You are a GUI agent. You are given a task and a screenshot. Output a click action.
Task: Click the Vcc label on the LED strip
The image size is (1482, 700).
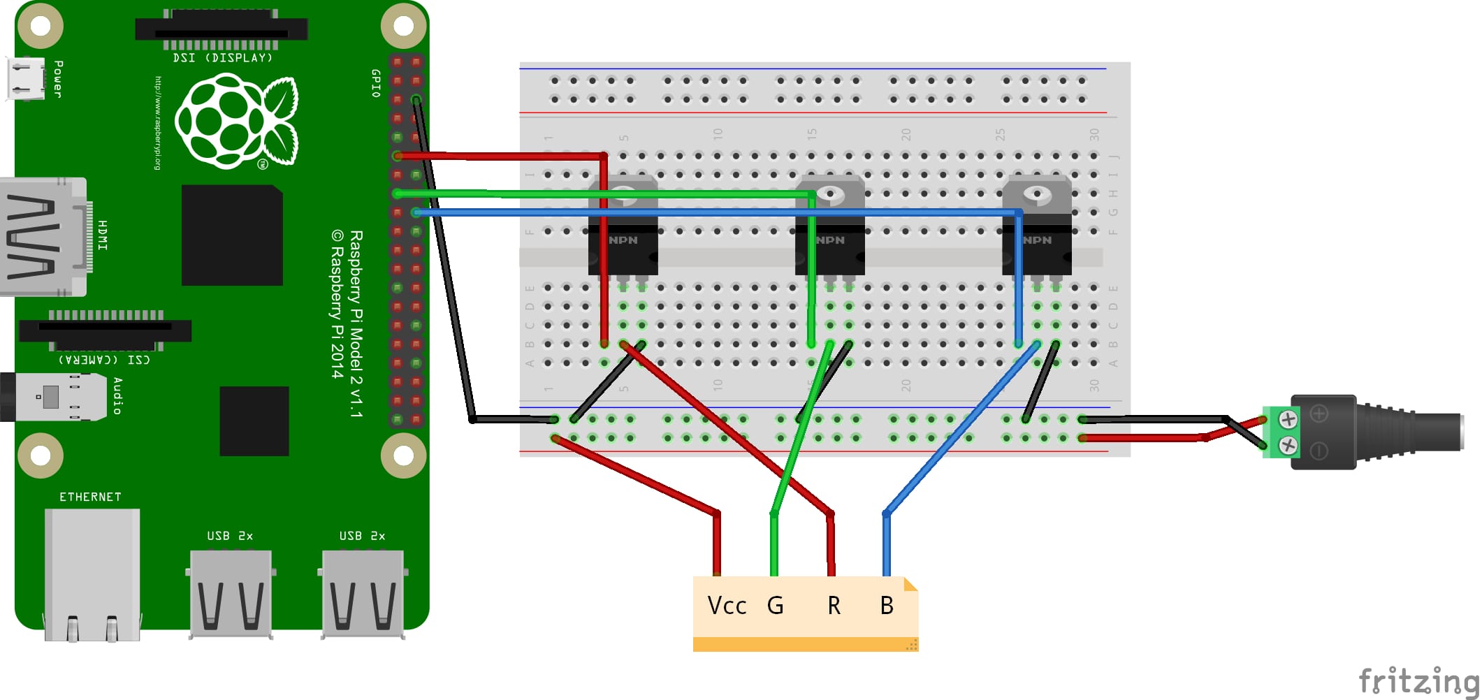tap(727, 605)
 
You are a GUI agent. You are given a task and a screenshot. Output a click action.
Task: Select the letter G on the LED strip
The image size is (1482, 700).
tap(775, 605)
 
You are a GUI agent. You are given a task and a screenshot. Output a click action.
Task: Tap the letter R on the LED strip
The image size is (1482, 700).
tap(834, 605)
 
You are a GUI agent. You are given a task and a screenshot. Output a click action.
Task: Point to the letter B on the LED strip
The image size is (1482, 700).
tap(887, 605)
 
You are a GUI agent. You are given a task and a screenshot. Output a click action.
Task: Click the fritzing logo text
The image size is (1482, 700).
tap(1418, 680)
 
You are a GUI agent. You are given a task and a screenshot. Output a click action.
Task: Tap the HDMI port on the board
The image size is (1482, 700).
tap(42, 236)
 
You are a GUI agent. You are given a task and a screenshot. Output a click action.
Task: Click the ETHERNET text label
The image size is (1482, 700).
tap(90, 497)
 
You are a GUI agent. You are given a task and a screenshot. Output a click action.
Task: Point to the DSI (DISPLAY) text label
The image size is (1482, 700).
tap(222, 58)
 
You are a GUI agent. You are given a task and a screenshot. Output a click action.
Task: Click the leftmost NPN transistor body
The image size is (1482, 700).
tap(623, 248)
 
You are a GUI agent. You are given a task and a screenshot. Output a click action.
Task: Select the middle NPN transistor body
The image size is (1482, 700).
tap(830, 248)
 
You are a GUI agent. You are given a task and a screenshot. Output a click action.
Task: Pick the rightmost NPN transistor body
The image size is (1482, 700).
tap(1037, 248)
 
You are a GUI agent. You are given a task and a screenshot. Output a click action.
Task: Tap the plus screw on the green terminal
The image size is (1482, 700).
tap(1288, 419)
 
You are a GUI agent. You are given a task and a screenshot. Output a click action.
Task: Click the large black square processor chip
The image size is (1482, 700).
tap(232, 235)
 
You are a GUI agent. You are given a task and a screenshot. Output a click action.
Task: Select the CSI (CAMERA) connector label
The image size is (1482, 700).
tap(104, 360)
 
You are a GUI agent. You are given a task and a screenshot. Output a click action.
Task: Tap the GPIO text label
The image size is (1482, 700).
tap(376, 83)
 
